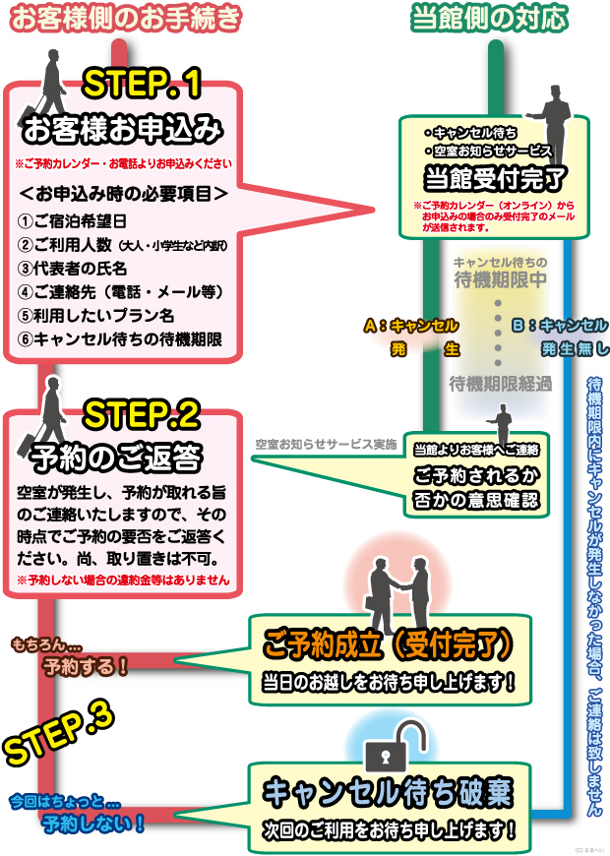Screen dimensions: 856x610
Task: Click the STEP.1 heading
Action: (x=142, y=86)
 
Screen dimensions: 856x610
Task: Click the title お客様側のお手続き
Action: (x=127, y=17)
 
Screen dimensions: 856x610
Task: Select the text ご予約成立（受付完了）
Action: (x=388, y=644)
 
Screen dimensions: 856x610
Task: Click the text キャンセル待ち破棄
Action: (x=388, y=792)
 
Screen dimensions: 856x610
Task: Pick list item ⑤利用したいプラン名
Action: (x=96, y=315)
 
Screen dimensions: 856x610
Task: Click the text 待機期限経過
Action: (x=500, y=383)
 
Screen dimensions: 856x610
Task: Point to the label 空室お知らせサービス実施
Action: (x=326, y=445)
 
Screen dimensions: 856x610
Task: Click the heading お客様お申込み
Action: (x=122, y=129)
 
